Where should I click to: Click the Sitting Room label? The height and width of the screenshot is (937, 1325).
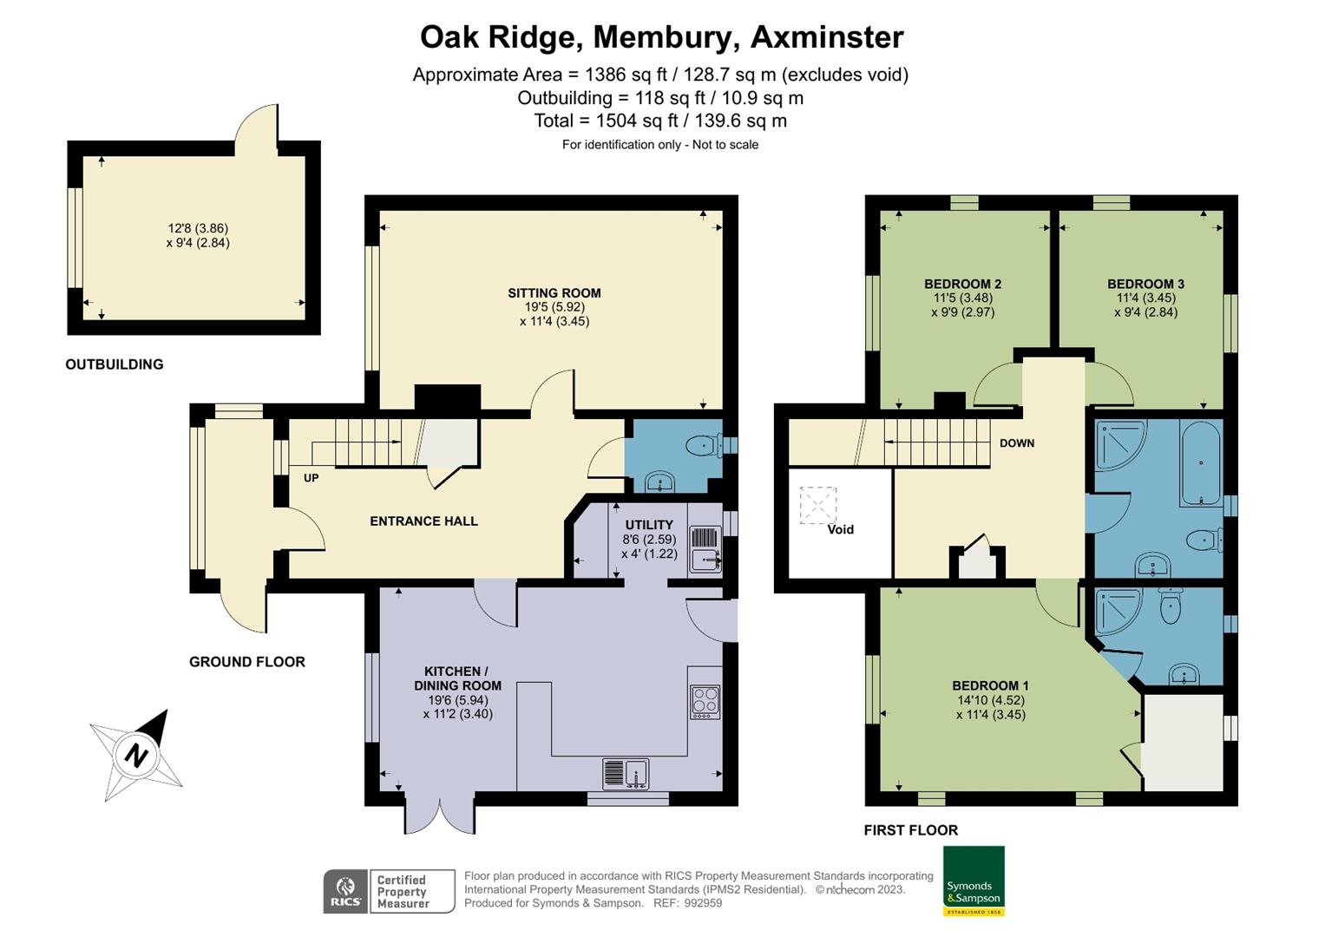554,293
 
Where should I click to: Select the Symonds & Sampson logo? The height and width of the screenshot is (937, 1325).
973,881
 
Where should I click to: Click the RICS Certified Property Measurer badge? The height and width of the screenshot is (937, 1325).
389,891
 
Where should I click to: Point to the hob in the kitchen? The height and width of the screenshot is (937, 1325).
705,702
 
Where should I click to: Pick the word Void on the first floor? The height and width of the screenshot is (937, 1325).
840,529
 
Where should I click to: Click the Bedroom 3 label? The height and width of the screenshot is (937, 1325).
1145,284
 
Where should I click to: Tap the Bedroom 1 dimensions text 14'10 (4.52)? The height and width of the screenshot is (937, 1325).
990,700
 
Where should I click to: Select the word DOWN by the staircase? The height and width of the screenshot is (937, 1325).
1016,443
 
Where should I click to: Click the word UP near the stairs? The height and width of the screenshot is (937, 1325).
311,478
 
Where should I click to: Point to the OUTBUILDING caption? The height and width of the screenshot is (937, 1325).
115,364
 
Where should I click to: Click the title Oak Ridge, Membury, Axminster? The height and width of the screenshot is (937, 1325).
661,37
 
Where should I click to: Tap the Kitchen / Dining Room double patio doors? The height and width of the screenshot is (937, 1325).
440,816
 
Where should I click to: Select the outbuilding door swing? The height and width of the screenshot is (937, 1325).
257,126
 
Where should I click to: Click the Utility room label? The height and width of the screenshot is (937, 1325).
648,525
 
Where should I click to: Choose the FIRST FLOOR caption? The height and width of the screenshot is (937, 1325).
910,830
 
